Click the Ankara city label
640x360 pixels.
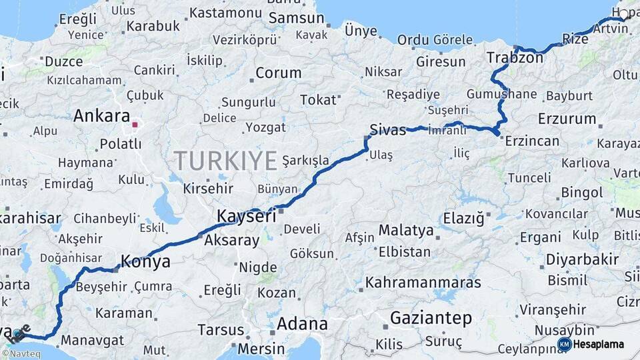click(x=101, y=116)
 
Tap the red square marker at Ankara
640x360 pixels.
click(x=135, y=124)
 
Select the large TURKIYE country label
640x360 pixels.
click(x=225, y=161)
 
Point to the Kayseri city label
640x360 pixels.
click(x=246, y=217)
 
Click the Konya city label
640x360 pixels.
click(x=145, y=262)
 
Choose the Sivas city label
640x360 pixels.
click(x=388, y=130)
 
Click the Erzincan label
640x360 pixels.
click(x=532, y=141)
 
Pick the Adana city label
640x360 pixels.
click(x=301, y=324)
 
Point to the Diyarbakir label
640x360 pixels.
click(x=582, y=259)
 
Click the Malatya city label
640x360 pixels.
click(x=406, y=231)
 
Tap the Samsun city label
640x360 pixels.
click(x=296, y=18)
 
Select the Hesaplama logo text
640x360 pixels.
click(x=599, y=345)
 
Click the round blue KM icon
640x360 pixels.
click(x=565, y=345)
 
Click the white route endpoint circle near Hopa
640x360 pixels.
click(x=623, y=13)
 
